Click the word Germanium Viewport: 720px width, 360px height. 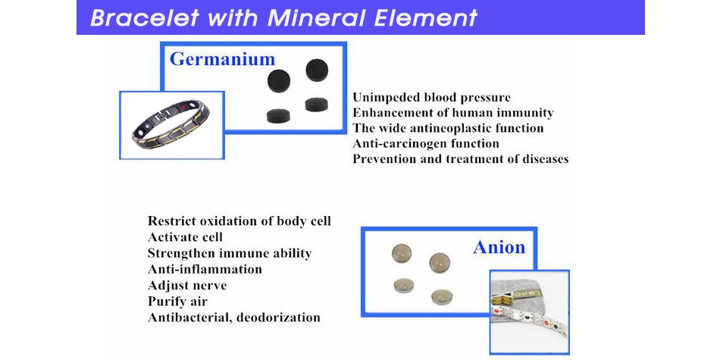click(x=222, y=60)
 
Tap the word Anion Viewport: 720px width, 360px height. click(x=499, y=248)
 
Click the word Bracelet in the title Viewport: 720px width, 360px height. click(x=145, y=18)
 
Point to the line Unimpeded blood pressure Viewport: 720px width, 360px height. click(x=431, y=98)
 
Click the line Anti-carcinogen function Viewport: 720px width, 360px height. click(x=426, y=144)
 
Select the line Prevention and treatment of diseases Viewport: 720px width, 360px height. click(x=461, y=159)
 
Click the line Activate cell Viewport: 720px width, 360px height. click(x=185, y=237)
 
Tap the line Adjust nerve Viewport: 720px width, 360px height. click(x=187, y=286)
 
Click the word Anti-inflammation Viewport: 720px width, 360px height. click(x=205, y=269)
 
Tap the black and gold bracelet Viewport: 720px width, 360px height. click(x=171, y=123)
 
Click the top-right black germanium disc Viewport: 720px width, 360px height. click(x=317, y=70)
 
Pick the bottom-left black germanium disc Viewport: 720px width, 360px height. click(x=279, y=115)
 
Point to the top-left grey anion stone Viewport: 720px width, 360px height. click(x=402, y=253)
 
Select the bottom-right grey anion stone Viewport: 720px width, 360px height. click(x=442, y=296)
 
